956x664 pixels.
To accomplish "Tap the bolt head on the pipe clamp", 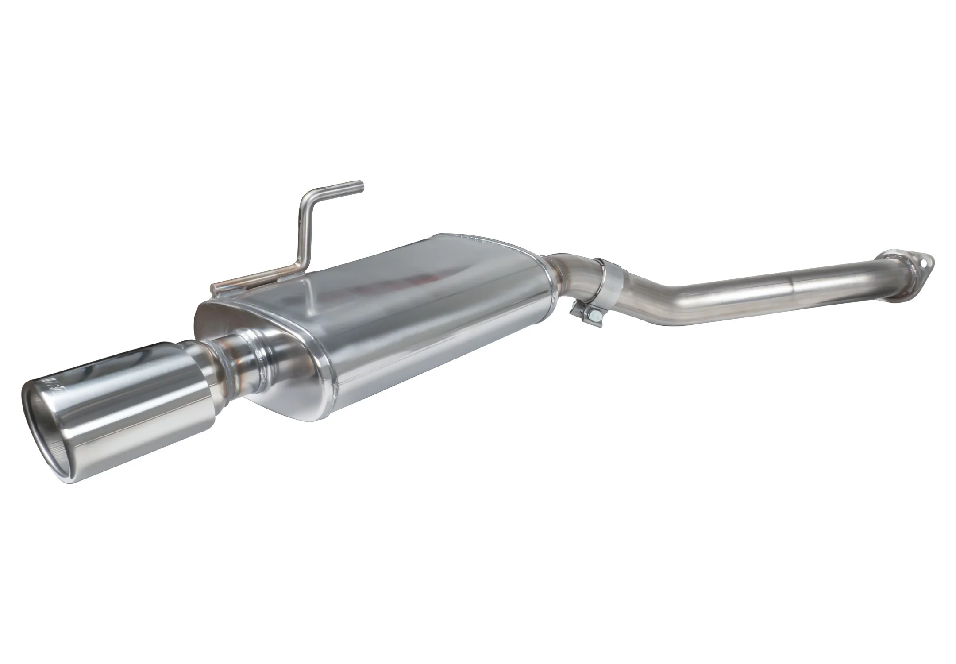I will pos(596,315).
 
